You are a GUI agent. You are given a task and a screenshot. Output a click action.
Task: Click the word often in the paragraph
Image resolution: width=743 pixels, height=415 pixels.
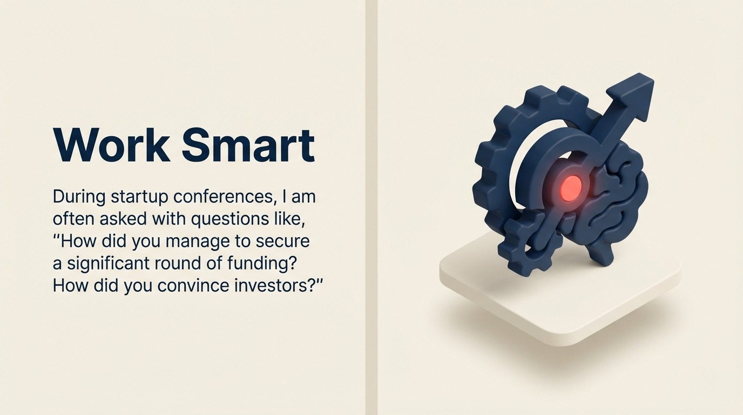(73, 219)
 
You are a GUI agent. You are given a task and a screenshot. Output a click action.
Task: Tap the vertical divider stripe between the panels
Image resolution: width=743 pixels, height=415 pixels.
(371, 207)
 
